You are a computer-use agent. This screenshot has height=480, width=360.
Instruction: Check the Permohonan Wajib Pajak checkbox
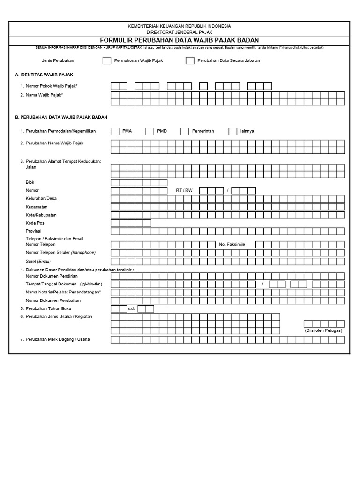pyautogui.click(x=107, y=60)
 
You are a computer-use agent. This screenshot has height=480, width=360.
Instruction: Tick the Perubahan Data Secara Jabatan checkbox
pyautogui.click(x=190, y=60)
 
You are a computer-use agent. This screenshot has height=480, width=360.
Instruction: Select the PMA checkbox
pyautogui.click(x=115, y=131)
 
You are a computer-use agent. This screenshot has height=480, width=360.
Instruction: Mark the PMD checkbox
pyautogui.click(x=150, y=131)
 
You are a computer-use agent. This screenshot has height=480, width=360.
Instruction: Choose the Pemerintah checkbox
pyautogui.click(x=184, y=131)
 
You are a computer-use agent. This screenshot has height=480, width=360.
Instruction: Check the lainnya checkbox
pyautogui.click(x=232, y=131)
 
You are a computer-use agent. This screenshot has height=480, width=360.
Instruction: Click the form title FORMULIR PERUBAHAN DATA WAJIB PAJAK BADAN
pyautogui.click(x=180, y=40)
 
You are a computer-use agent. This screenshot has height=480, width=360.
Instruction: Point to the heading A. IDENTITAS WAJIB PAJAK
pyautogui.click(x=44, y=75)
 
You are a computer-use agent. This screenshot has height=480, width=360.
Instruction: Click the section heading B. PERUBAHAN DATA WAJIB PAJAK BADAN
pyautogui.click(x=61, y=117)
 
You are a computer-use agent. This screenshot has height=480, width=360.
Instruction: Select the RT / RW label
pyautogui.click(x=184, y=190)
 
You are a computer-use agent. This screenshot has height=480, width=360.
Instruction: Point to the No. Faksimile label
pyautogui.click(x=232, y=244)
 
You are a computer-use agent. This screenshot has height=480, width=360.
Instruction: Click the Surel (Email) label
pyautogui.click(x=38, y=261)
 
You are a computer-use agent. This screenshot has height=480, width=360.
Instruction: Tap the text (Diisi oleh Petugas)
pyautogui.click(x=323, y=330)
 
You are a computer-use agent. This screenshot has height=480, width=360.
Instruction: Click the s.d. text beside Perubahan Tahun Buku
pyautogui.click(x=131, y=309)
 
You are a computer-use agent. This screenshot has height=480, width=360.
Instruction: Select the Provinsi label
pyautogui.click(x=34, y=231)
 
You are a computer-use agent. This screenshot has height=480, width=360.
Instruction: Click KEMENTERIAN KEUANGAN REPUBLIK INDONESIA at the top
pyautogui.click(x=180, y=26)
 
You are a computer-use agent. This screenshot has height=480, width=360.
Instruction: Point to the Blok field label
pyautogui.click(x=30, y=182)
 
